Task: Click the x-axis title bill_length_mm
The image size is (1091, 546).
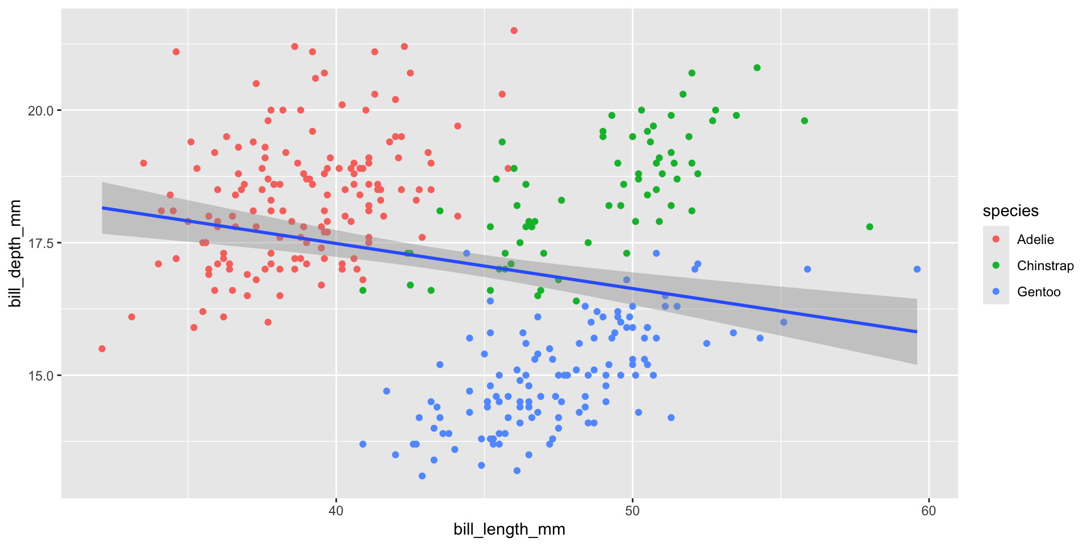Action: tap(509, 530)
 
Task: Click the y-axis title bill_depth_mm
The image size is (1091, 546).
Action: tap(15, 254)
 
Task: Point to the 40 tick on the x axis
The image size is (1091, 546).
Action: tap(336, 510)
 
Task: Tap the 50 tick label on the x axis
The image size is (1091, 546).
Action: tap(632, 510)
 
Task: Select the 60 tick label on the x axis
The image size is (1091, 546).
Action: tap(928, 510)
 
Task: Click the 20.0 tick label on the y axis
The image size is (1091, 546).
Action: tap(40, 110)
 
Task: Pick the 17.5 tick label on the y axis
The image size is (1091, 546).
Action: tap(40, 243)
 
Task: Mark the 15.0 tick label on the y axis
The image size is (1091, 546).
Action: tap(40, 375)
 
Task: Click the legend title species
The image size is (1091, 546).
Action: tap(1010, 211)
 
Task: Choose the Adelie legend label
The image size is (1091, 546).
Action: tap(1035, 239)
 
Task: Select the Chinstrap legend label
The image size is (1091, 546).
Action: tap(1045, 266)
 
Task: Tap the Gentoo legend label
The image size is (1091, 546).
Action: tap(1039, 292)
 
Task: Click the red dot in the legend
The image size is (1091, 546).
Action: tap(996, 239)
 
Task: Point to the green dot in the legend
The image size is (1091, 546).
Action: tap(996, 266)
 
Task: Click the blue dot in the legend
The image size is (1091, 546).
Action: tap(996, 292)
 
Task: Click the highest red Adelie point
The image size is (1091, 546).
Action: tap(514, 31)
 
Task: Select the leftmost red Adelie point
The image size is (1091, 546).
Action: tap(102, 349)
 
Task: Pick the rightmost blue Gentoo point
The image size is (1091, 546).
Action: tap(917, 269)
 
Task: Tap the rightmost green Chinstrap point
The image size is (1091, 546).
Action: tap(869, 227)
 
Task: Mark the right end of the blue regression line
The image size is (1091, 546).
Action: tap(917, 332)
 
